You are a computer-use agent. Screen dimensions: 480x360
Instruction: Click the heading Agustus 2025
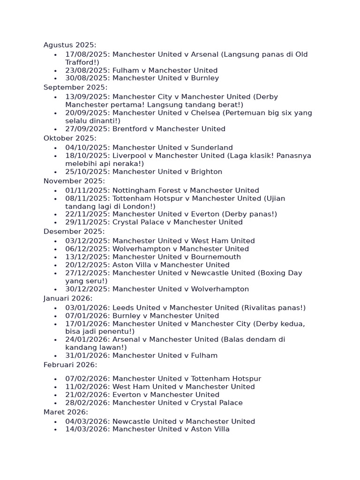(70, 45)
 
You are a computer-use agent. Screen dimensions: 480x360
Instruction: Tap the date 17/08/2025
(87, 54)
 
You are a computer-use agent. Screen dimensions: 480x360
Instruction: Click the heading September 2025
(75, 87)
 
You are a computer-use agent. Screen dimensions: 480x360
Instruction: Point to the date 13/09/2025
(87, 97)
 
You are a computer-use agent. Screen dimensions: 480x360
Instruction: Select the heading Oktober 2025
(70, 138)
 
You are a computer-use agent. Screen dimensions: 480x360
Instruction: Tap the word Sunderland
(212, 148)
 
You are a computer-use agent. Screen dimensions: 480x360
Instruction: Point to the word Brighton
(207, 172)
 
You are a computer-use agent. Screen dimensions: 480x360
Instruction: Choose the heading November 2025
(74, 181)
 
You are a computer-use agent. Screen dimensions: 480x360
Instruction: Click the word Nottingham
(133, 190)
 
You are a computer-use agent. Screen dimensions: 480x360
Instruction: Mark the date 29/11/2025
(87, 222)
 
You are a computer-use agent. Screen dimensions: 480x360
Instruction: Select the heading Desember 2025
(74, 232)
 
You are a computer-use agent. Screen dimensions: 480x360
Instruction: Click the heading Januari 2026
(68, 299)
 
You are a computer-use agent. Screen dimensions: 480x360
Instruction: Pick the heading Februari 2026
(70, 365)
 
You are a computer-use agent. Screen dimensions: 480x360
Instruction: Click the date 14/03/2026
(87, 429)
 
